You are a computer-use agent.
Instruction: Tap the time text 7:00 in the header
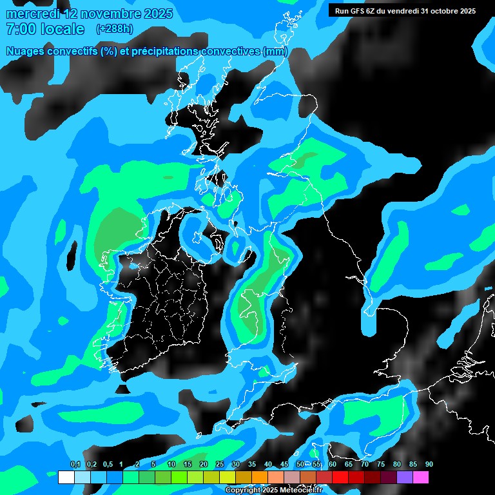click(21, 29)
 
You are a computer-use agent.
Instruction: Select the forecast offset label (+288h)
click(115, 29)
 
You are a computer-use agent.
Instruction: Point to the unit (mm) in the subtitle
click(275, 52)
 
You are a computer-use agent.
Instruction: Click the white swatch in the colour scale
click(66, 478)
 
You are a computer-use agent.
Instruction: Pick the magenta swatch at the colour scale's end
click(420, 478)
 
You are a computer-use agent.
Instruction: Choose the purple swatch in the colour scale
click(404, 478)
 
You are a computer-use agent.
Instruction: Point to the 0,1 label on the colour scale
click(75, 465)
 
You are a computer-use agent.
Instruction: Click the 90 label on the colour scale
click(429, 465)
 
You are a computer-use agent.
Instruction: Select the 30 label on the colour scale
click(235, 465)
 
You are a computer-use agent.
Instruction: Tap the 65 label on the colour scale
click(348, 465)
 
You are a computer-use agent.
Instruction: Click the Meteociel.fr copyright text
click(274, 490)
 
